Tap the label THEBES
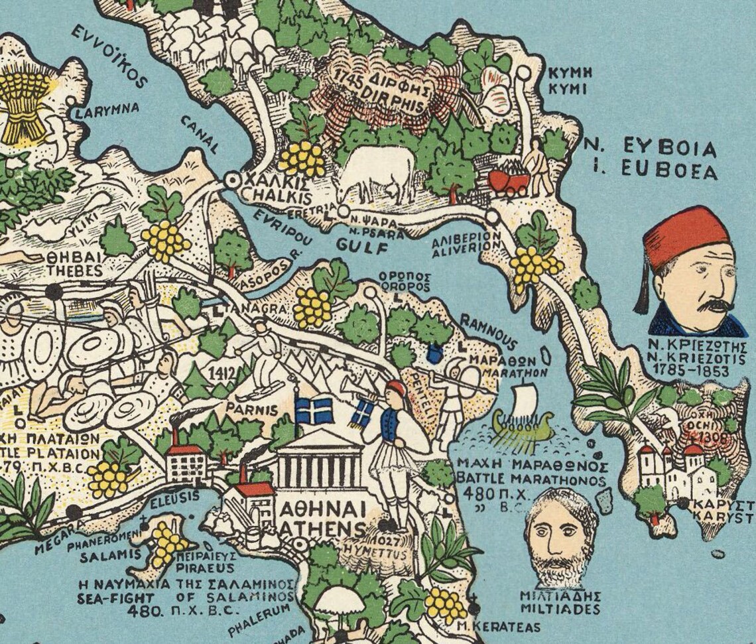(75, 271)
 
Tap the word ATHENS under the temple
(323, 530)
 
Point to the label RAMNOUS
(487, 332)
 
